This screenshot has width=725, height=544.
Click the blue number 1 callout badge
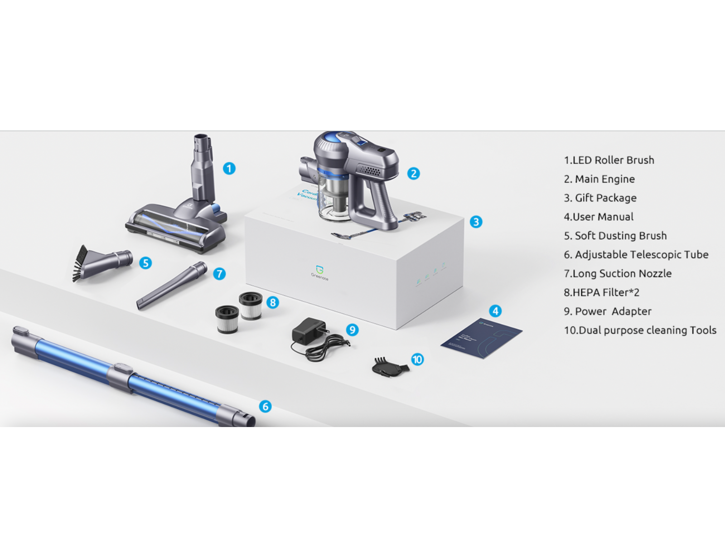click(229, 169)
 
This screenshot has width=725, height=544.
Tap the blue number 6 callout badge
click(266, 406)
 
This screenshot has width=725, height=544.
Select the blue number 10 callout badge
click(417, 359)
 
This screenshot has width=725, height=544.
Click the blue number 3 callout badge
click(476, 222)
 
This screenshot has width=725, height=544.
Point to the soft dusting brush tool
click(102, 263)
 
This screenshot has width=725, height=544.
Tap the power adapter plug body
click(308, 330)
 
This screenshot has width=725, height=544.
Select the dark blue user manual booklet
click(481, 337)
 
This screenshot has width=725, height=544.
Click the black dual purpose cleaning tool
click(390, 365)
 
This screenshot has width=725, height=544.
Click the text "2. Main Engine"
click(599, 179)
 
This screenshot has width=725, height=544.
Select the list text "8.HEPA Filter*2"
click(601, 292)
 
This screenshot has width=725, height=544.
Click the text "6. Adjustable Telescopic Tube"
click(636, 255)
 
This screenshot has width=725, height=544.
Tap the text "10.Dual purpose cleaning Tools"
click(640, 330)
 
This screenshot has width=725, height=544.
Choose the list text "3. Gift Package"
click(600, 198)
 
